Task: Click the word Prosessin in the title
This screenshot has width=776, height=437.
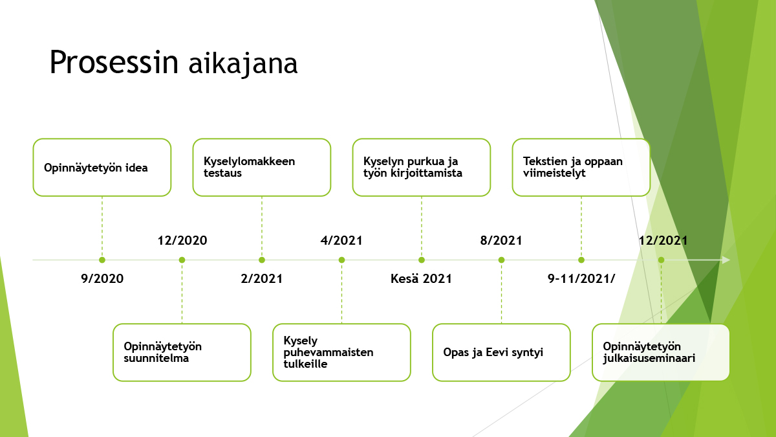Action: point(114,62)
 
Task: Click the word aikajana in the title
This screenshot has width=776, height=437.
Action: point(243,65)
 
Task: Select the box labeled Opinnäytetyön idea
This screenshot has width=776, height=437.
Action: point(102,168)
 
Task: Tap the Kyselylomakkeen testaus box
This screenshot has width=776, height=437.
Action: point(262,168)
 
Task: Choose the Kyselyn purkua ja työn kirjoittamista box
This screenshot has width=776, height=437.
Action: point(422,168)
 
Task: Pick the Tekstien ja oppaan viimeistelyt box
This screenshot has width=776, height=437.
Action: point(581,168)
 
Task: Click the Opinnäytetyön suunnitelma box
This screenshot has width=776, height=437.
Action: point(182,352)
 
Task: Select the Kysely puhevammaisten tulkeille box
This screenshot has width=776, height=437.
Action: point(341,352)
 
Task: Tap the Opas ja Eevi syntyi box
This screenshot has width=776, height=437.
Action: point(501,352)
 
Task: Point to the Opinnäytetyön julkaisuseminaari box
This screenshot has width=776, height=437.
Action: point(661,352)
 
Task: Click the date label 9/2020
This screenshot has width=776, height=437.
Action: point(102,278)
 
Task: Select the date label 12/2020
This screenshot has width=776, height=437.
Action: point(182,240)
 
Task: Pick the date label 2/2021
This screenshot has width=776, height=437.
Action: point(262,278)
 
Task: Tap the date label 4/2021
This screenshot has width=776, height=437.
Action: point(341,240)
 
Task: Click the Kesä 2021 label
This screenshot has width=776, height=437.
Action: point(421,278)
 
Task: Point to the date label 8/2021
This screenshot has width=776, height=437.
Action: point(501,240)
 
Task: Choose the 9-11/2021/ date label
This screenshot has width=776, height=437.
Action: point(581,278)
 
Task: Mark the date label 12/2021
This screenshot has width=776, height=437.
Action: point(663,240)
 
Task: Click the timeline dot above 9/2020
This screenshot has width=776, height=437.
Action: point(102,260)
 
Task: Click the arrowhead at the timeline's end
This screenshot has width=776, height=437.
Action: point(726,260)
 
